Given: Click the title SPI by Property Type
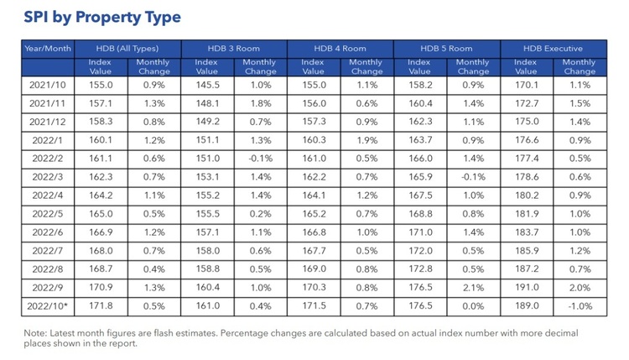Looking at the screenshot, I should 102,17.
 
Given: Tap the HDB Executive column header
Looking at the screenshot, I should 554,49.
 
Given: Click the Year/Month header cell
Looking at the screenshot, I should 49,49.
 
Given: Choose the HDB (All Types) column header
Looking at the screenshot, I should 129,49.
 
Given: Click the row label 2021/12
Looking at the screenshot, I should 49,121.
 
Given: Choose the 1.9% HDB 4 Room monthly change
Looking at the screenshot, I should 366,139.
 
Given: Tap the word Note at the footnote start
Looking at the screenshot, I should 37,332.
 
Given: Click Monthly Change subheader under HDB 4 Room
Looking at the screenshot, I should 366,66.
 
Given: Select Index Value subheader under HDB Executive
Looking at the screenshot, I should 526,66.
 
